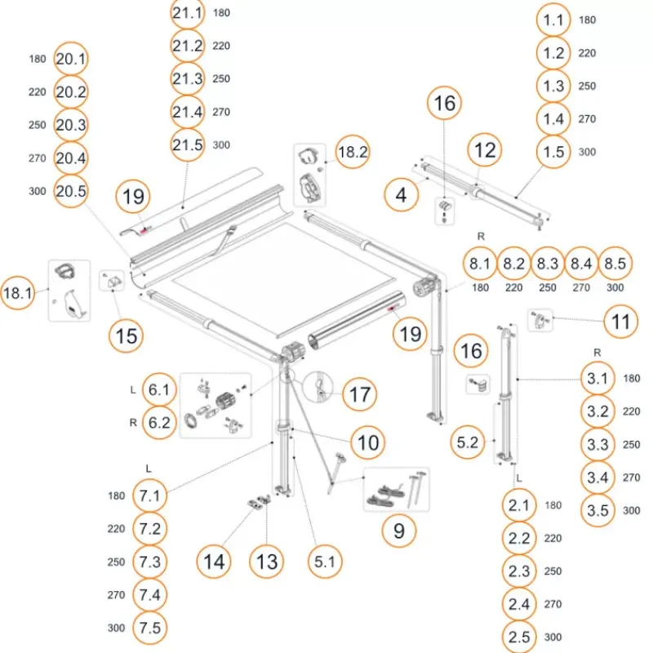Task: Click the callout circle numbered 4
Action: tap(401, 194)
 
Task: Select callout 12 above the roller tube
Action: tap(485, 150)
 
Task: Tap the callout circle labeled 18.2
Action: tap(353, 152)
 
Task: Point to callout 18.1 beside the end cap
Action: tap(17, 293)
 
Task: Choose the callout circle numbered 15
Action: tap(127, 335)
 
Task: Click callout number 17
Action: tap(360, 394)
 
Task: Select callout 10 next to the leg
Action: tap(368, 442)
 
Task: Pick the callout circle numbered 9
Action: tap(399, 531)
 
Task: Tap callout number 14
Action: tap(214, 562)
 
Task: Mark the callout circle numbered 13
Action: tap(267, 562)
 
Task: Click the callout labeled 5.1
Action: tap(325, 562)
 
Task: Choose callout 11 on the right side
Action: tap(620, 322)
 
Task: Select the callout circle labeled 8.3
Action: tap(548, 263)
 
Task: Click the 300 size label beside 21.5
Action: tap(221, 145)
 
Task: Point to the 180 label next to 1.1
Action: tap(587, 20)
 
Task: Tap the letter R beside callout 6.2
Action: tap(133, 423)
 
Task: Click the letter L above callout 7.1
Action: tap(149, 469)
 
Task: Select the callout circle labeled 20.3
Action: tap(71, 125)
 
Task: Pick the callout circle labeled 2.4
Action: tap(519, 604)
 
